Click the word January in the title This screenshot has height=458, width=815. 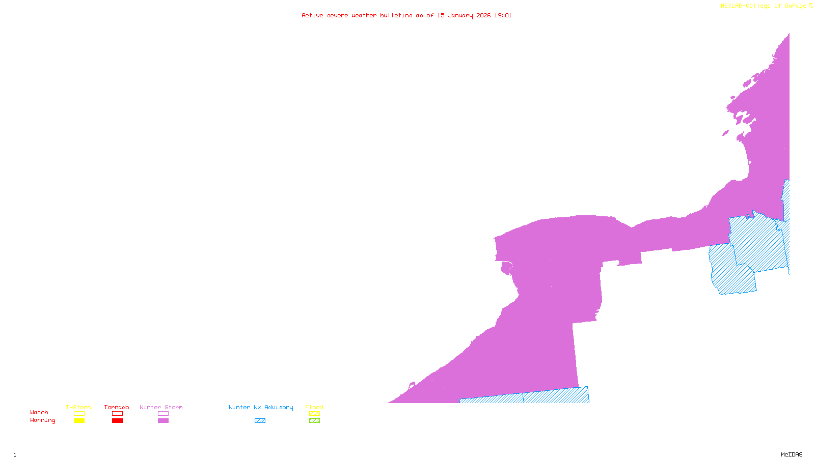click(x=460, y=15)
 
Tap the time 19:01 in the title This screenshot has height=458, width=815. click(x=503, y=15)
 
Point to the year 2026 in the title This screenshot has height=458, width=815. click(x=483, y=15)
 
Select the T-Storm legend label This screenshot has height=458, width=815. click(x=78, y=407)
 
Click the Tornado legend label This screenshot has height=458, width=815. click(x=117, y=407)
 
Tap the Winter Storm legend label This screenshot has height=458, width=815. click(x=161, y=407)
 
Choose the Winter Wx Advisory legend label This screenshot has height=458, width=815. click(x=261, y=407)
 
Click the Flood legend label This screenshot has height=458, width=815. click(x=314, y=407)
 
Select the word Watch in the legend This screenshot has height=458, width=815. click(x=39, y=412)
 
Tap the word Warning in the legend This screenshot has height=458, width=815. click(x=43, y=420)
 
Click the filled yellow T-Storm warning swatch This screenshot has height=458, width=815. click(x=79, y=421)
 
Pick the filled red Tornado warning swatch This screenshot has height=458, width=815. click(x=117, y=421)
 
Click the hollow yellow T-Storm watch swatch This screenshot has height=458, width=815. click(x=79, y=414)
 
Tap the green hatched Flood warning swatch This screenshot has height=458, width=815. click(x=315, y=421)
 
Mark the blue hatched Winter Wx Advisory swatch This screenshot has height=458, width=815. click(x=260, y=421)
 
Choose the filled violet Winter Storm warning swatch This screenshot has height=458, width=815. click(x=163, y=421)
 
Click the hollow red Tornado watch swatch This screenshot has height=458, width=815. click(x=117, y=414)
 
